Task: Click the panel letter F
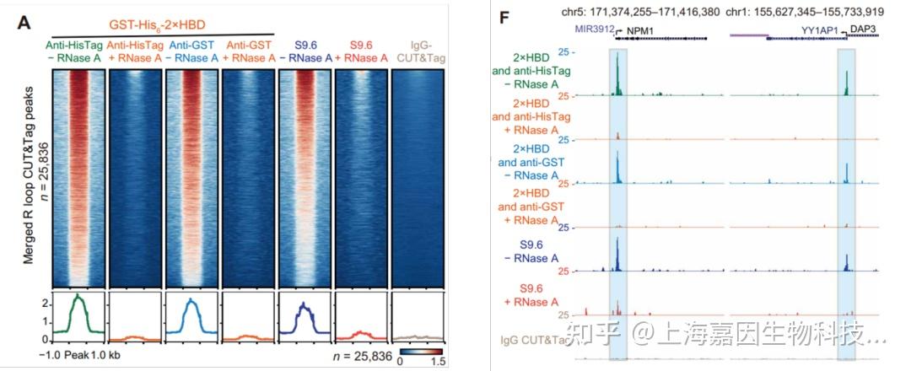click(x=505, y=18)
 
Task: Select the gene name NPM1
click(x=645, y=30)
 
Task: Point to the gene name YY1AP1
click(x=818, y=30)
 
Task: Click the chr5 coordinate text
click(x=641, y=13)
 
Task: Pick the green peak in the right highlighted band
click(x=847, y=83)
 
